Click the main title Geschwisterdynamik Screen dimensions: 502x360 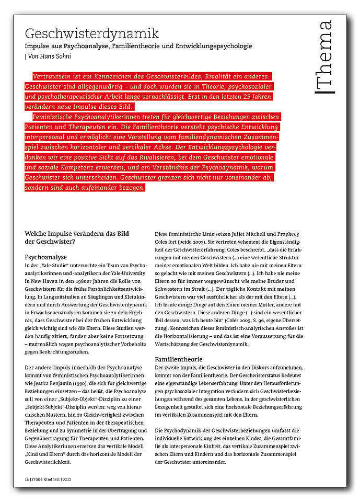(91, 34)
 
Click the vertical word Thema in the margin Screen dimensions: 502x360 (324, 57)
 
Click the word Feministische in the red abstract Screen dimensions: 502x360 (59, 117)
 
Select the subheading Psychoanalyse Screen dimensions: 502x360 (46, 257)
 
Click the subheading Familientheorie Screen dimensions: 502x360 (178, 359)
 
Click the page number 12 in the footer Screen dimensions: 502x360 (27, 478)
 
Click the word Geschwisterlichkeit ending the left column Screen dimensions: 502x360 (48, 462)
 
